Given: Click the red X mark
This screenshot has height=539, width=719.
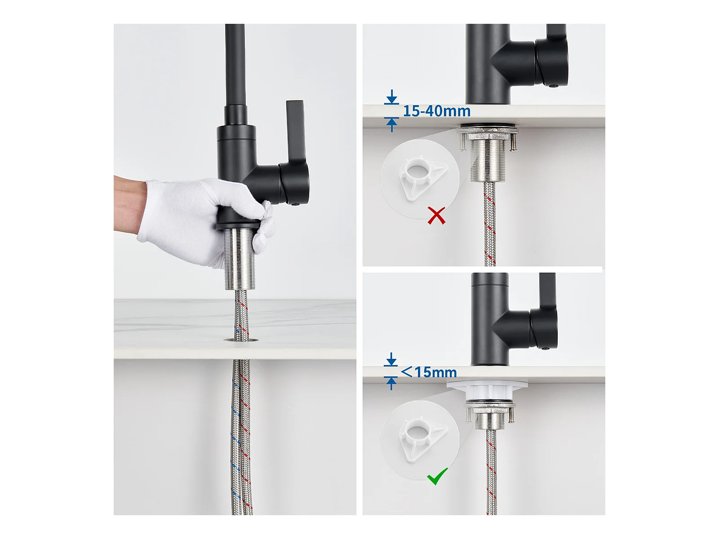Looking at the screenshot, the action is (436, 215).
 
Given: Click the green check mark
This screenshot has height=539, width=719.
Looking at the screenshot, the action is (437, 476).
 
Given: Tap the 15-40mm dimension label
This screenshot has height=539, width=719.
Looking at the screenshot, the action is (437, 111).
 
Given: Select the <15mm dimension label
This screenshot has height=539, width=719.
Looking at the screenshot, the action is (428, 372).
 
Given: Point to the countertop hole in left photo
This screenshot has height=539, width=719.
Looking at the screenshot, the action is (241, 340).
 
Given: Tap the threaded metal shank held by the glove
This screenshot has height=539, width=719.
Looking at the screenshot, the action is (240, 259).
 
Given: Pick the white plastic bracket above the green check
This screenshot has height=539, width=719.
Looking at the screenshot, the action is (422, 438).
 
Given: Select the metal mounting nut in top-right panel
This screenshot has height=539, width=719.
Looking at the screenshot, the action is (488, 134).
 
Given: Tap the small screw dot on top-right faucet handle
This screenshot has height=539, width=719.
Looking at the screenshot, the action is (554, 86).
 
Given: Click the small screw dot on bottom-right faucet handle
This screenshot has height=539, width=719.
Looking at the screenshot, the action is (544, 349).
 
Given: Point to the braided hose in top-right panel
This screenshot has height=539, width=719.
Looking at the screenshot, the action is (489, 224).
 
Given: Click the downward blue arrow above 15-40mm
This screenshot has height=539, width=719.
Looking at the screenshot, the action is (392, 97).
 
